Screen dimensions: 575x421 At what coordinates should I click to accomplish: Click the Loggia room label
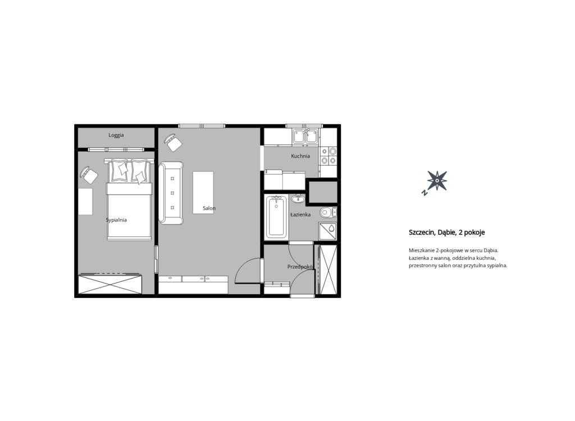pos(116,135)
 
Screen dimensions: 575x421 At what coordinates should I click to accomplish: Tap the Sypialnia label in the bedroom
pos(116,220)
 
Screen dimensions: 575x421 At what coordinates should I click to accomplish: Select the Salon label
pos(209,208)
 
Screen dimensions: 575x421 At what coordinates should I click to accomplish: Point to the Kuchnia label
pos(300,156)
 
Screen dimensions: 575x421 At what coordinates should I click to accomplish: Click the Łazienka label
pos(300,214)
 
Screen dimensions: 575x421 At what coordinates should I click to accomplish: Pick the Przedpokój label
pos(300,267)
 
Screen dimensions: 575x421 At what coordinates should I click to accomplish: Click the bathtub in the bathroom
pos(276,217)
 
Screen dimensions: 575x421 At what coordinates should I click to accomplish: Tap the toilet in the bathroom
pos(328,212)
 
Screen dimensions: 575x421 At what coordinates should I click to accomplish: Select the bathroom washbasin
pos(298,199)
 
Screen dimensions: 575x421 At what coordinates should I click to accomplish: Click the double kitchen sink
pos(305,136)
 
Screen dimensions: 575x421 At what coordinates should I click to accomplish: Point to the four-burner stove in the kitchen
pos(328,156)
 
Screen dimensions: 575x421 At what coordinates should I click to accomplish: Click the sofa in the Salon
pos(171,193)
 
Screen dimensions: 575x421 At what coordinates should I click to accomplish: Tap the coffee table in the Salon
pos(203,193)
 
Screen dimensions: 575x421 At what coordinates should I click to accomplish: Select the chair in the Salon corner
pos(173,142)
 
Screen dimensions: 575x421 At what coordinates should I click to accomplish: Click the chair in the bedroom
pos(89,175)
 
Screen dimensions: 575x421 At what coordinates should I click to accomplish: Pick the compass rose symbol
pos(437,181)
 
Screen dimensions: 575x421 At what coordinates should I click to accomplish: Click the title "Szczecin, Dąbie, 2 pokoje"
pos(446,232)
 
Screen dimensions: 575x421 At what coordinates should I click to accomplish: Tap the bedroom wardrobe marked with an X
pos(109,284)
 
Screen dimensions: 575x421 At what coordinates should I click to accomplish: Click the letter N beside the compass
pos(425,193)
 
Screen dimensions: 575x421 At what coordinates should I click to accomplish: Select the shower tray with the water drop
pos(327,231)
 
